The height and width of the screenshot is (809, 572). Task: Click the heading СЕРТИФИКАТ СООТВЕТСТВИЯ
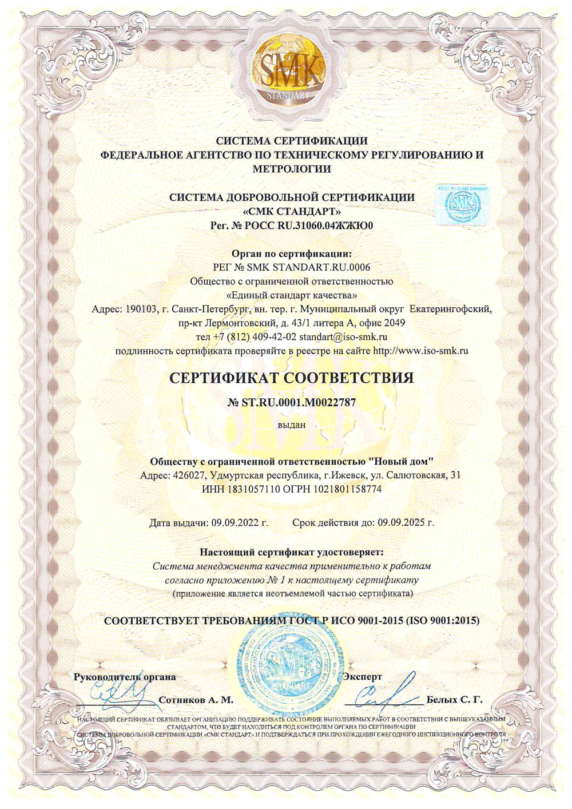292,378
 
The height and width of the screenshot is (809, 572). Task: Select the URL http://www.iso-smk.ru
420,351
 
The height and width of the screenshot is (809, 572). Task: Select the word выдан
292,425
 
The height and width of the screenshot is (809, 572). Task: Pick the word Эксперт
363,677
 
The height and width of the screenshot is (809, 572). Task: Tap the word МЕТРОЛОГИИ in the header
292,169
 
